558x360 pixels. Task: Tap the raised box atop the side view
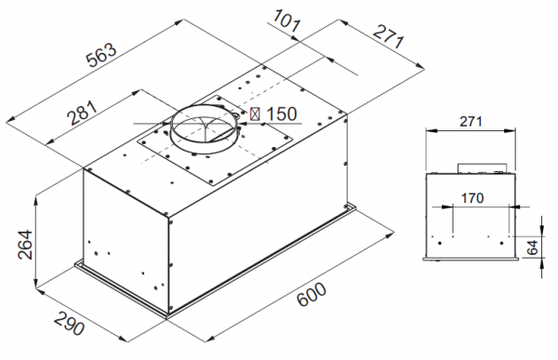[x=481, y=168]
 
